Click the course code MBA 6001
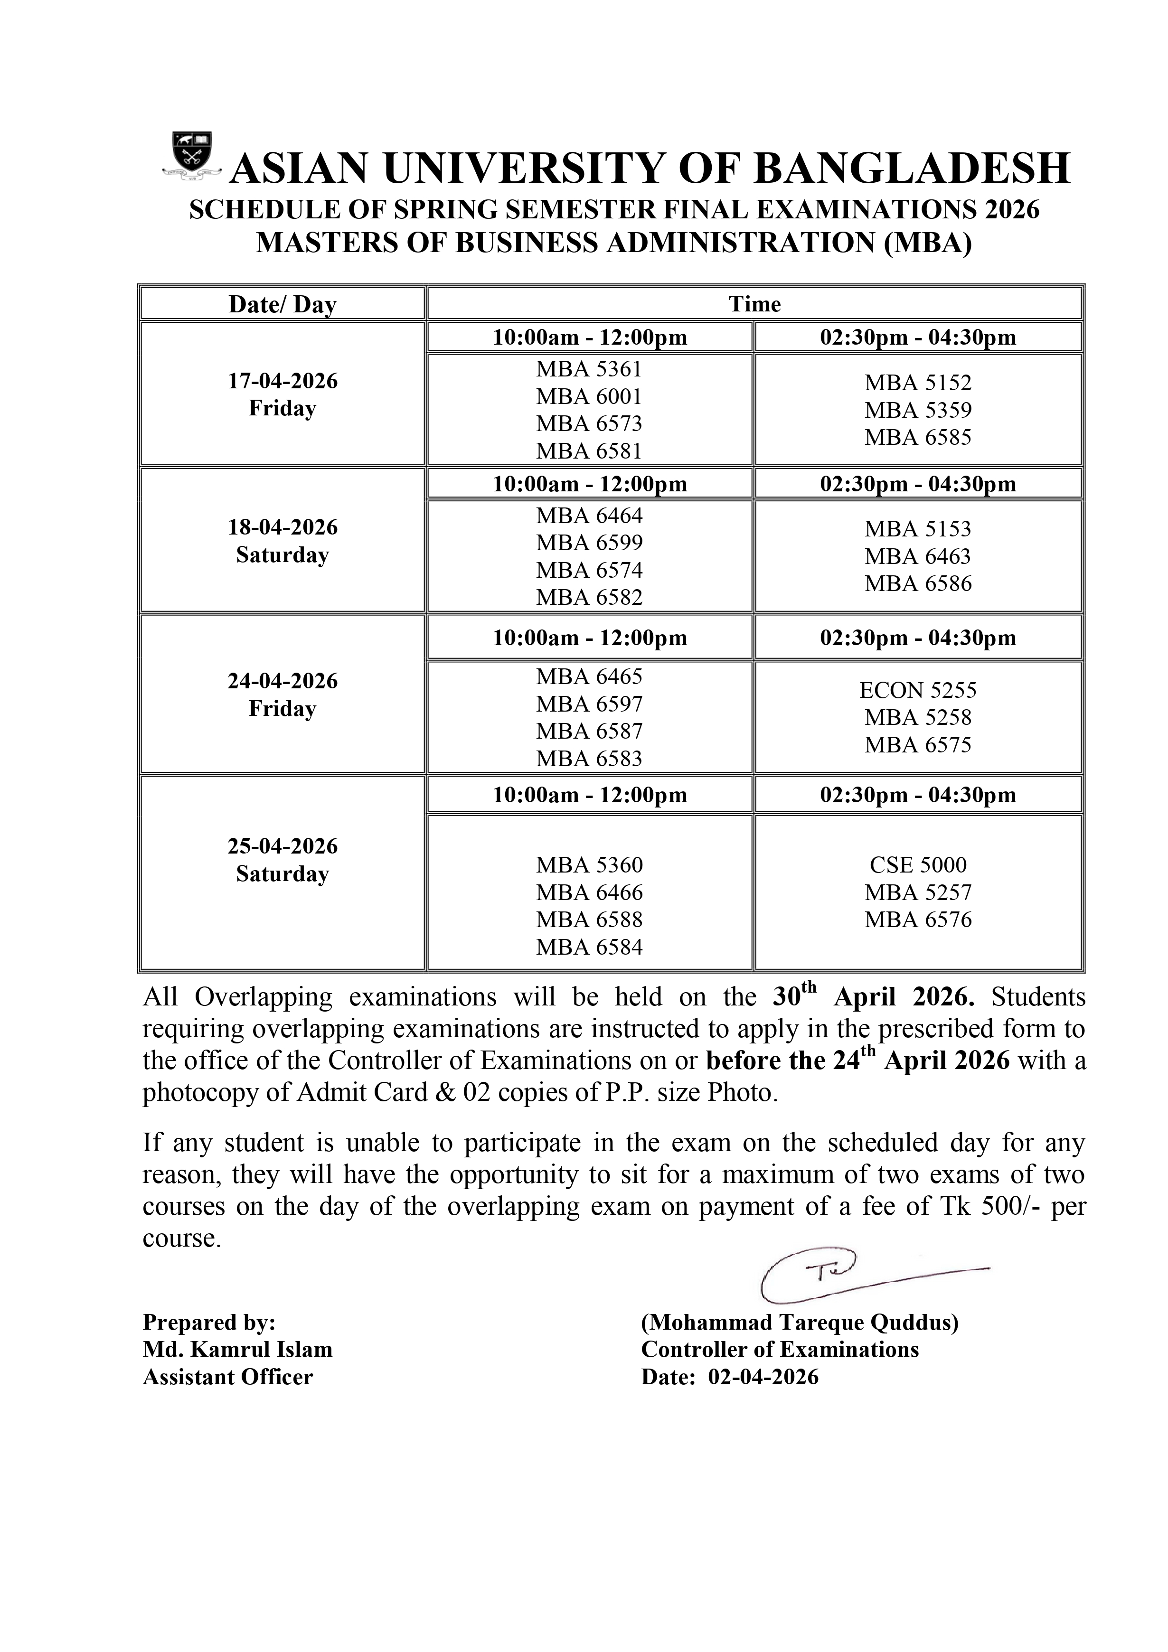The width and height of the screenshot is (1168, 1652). click(589, 396)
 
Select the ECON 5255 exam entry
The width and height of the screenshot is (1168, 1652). click(918, 691)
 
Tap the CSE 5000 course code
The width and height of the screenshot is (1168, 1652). click(918, 865)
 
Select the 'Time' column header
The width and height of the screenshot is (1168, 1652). click(754, 304)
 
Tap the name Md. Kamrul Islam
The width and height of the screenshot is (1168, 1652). click(237, 1349)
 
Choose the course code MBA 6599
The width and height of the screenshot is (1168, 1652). click(589, 543)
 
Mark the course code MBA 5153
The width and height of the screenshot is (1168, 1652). click(918, 529)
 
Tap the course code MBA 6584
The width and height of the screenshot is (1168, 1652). click(589, 947)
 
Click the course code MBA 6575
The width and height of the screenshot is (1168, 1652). click(918, 745)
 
